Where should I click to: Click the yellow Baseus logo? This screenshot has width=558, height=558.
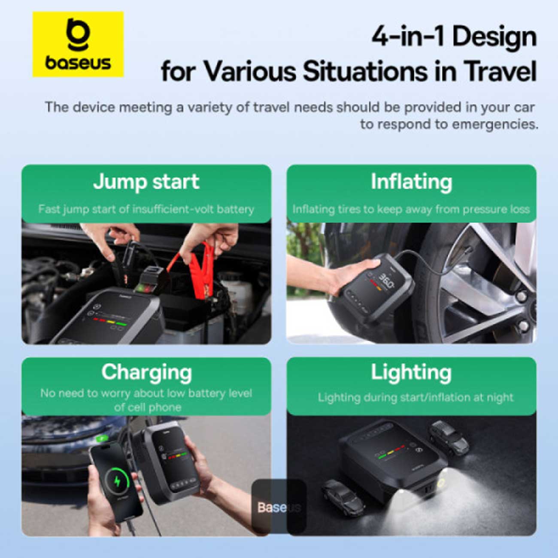coord(78,44)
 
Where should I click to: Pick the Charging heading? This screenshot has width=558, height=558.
coord(146,373)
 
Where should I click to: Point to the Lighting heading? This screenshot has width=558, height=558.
coord(411,373)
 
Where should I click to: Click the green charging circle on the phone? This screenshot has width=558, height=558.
coord(117,482)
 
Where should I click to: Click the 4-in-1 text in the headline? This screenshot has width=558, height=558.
coord(408,38)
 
